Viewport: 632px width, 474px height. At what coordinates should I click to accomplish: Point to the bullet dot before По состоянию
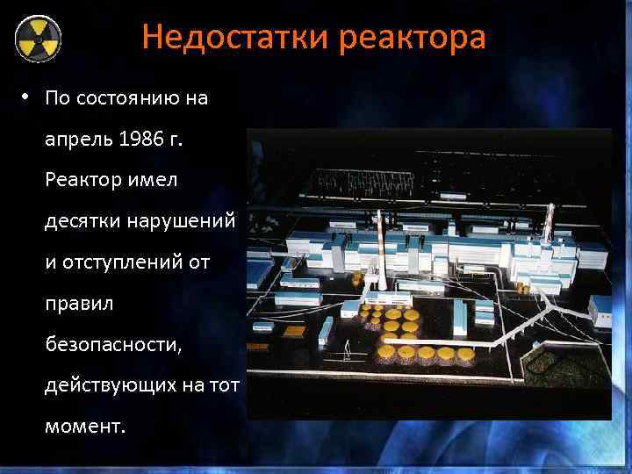click(28, 97)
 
